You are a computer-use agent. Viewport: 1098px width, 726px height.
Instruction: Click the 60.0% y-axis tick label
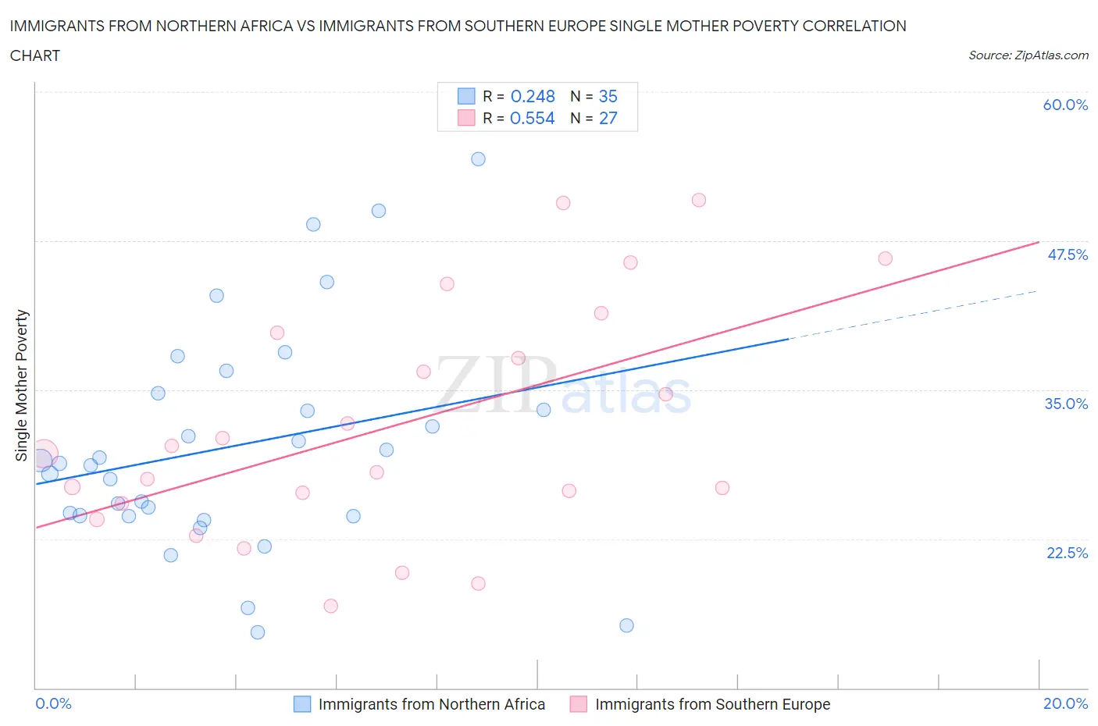(x=1065, y=105)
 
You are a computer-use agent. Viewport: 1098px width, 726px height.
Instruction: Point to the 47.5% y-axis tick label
(x=1067, y=254)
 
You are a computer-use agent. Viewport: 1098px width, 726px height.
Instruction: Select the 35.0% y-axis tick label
(x=1066, y=404)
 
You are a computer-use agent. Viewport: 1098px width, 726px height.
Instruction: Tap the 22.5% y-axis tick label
(x=1067, y=553)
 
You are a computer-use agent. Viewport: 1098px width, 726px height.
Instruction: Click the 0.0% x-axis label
(x=53, y=703)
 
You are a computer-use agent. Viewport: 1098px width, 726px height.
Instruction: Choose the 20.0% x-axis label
(x=1065, y=703)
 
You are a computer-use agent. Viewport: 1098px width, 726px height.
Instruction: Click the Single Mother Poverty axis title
(x=21, y=385)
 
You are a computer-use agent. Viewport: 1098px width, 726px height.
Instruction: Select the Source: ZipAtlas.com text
(x=1028, y=55)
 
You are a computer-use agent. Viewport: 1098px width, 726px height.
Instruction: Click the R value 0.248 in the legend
(x=533, y=96)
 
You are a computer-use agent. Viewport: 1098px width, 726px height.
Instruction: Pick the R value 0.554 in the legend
(x=533, y=118)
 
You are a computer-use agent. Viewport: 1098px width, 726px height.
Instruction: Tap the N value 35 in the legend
(x=608, y=96)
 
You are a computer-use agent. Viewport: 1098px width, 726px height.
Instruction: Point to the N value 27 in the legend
(x=608, y=118)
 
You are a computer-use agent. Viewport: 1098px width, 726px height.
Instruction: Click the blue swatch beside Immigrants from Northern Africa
(x=302, y=704)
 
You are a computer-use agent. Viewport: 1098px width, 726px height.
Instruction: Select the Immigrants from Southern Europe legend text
(x=712, y=704)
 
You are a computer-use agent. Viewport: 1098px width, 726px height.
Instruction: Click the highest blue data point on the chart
(x=478, y=159)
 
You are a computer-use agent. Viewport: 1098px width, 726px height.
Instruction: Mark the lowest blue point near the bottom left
(x=258, y=632)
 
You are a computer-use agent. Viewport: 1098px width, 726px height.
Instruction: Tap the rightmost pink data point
(x=885, y=258)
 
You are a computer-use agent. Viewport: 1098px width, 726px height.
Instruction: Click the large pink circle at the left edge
(x=44, y=454)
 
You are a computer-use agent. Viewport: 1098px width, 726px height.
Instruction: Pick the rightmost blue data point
(x=626, y=625)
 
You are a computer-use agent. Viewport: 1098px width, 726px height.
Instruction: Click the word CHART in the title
(x=35, y=55)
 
